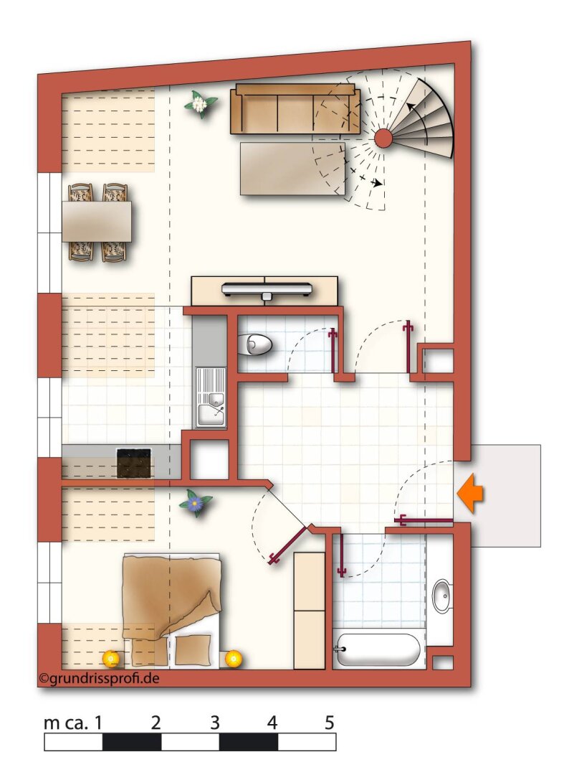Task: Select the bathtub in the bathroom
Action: pos(378,649)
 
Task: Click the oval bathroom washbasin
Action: pos(441,596)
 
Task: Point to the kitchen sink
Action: pos(211,397)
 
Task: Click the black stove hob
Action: pos(134,463)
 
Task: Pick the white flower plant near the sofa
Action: pos(200,104)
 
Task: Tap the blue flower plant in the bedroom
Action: pos(196,503)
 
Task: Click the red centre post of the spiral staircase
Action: pos(383,138)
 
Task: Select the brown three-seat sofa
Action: pos(295,109)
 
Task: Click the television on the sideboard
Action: pos(267,289)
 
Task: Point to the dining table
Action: pos(97,222)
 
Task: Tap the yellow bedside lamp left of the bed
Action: pos(111,658)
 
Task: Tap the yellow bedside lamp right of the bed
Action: pos(234,658)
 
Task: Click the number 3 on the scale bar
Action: pos(215,723)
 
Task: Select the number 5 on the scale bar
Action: pos(330,723)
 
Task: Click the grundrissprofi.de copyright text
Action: pos(99,679)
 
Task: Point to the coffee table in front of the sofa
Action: pos(292,169)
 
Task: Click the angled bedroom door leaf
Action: pos(287,545)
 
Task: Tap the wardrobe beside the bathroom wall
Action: pos(310,611)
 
